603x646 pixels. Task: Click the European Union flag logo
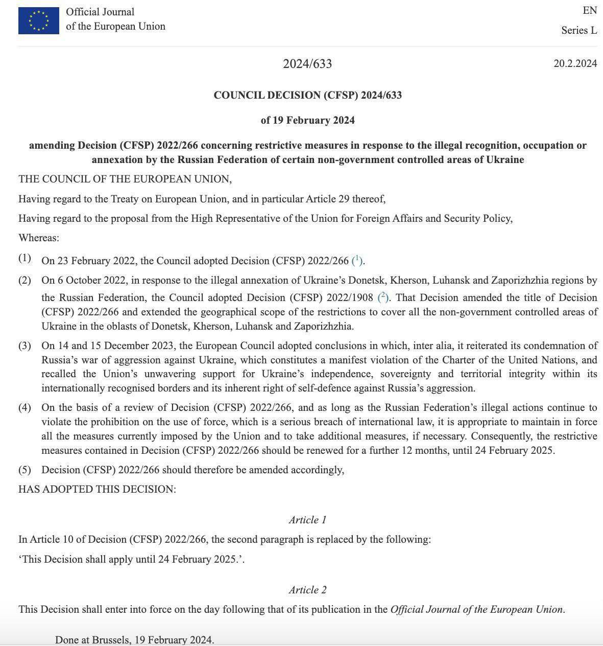click(39, 21)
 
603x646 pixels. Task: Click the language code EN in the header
click(590, 11)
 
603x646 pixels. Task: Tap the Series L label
click(579, 30)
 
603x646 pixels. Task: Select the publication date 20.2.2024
click(575, 63)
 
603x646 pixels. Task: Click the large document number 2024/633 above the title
click(307, 64)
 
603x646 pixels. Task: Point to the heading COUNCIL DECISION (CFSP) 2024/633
click(307, 95)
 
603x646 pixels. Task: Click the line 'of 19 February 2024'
click(307, 120)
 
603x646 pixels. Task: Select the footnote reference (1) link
click(357, 260)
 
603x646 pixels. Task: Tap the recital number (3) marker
click(25, 345)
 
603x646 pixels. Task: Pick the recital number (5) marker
click(25, 470)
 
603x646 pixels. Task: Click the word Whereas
click(38, 238)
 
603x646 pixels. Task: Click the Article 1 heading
click(307, 520)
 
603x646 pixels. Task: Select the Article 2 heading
click(307, 590)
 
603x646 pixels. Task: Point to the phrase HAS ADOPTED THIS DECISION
click(97, 489)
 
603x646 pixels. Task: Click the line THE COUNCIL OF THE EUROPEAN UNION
click(125, 179)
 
